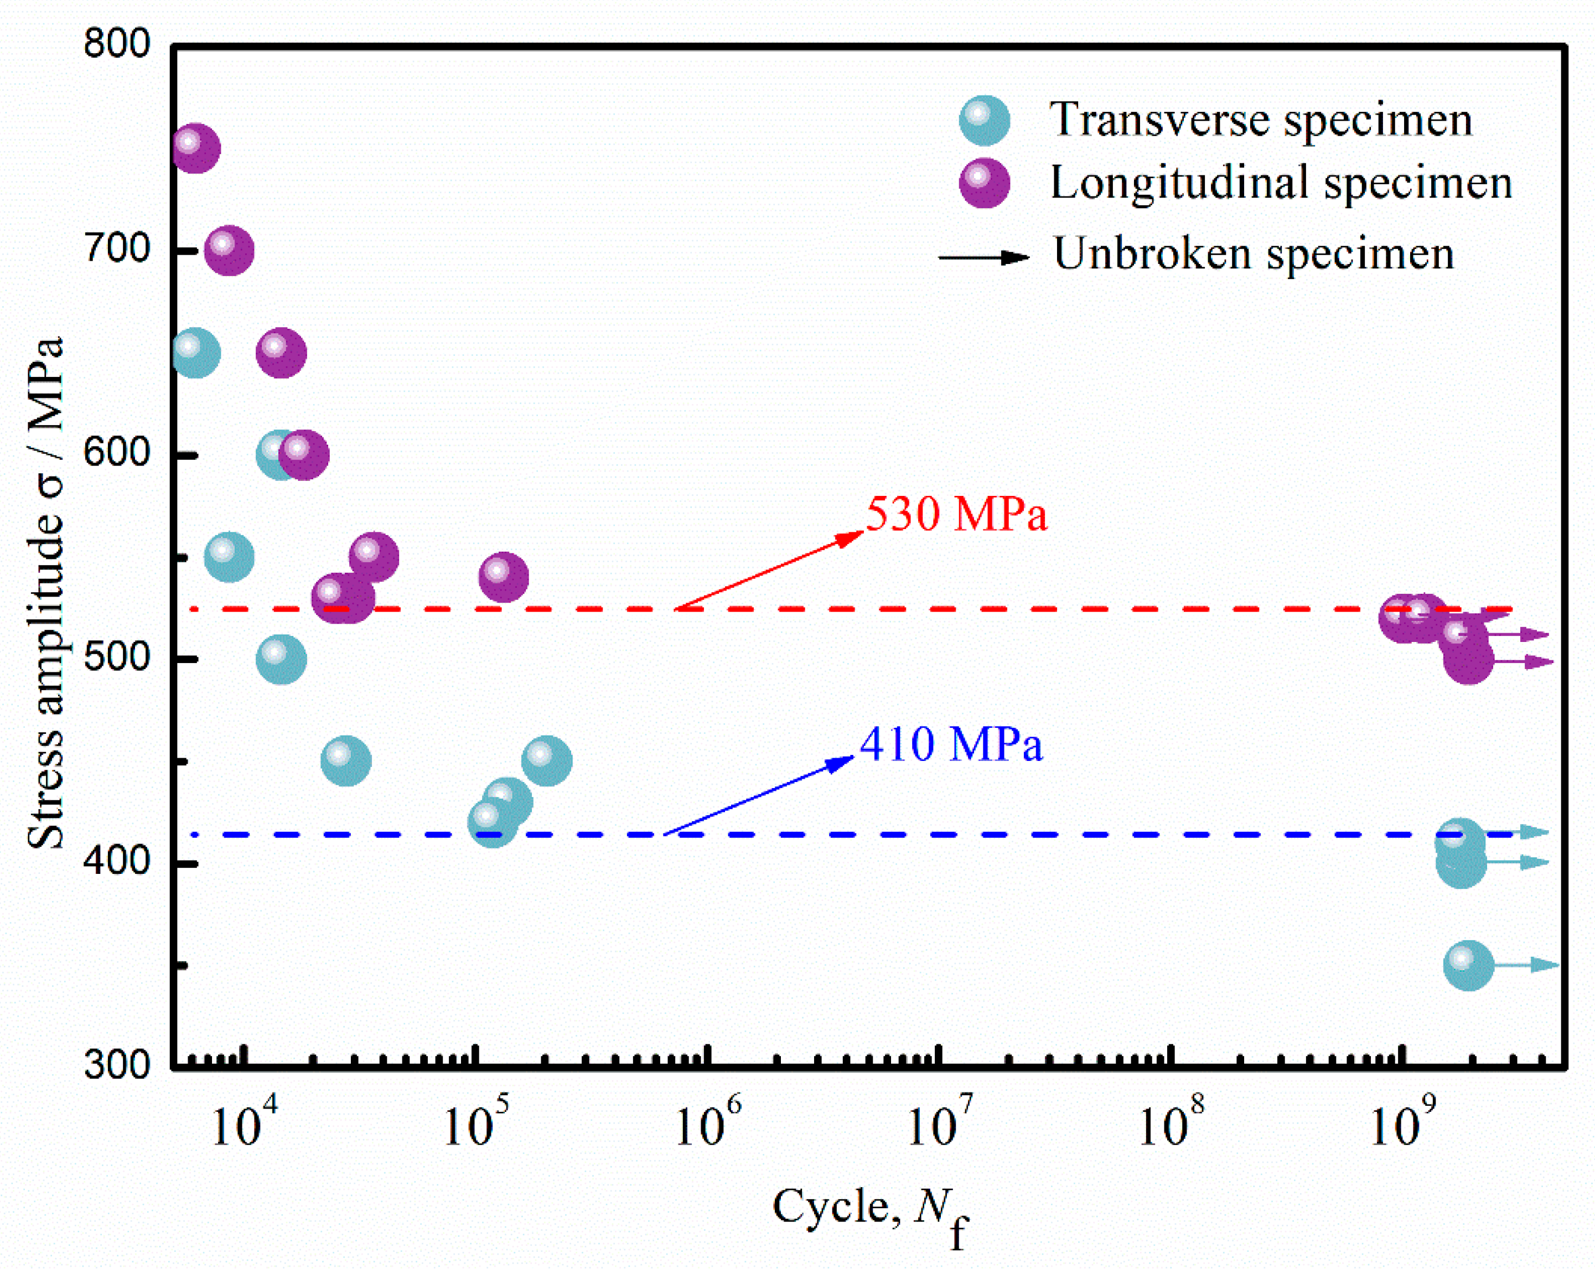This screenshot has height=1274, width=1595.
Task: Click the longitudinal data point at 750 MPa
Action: coord(195,148)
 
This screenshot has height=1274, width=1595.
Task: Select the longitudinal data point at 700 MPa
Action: coord(229,250)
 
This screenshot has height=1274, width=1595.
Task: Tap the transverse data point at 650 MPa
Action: coord(195,353)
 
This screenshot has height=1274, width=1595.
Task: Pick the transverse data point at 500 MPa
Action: coord(281,659)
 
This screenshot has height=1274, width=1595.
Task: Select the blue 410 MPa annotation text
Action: coord(951,744)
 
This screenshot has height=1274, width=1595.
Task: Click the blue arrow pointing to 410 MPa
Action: coord(758,796)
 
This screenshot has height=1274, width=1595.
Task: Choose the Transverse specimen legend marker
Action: coord(985,120)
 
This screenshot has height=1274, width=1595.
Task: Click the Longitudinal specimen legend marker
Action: coord(985,183)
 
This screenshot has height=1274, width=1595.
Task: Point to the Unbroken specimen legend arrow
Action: coord(984,257)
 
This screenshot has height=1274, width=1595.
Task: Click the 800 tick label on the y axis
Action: coord(117,44)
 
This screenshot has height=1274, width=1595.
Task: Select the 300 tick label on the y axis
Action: coord(117,1065)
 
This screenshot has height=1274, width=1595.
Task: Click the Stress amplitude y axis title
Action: coord(46,592)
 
